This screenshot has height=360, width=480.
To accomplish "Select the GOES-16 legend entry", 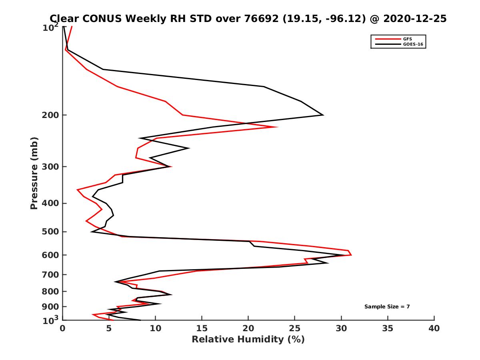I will click(414, 44).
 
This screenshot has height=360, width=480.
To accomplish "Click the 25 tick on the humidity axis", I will click(295, 329).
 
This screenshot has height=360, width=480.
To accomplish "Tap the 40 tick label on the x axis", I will click(434, 329).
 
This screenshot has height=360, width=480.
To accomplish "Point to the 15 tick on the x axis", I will click(202, 329).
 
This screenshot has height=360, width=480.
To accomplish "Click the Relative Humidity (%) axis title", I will click(248, 340).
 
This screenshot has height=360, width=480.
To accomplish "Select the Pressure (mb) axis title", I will click(34, 173).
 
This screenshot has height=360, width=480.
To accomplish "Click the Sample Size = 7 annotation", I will click(387, 307).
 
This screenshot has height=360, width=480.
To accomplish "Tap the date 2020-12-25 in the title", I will click(414, 18).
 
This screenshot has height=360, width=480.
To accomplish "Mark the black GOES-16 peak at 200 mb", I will click(323, 115).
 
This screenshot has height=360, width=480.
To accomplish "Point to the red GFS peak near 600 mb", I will click(351, 254).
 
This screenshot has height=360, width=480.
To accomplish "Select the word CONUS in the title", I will click(96, 18).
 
